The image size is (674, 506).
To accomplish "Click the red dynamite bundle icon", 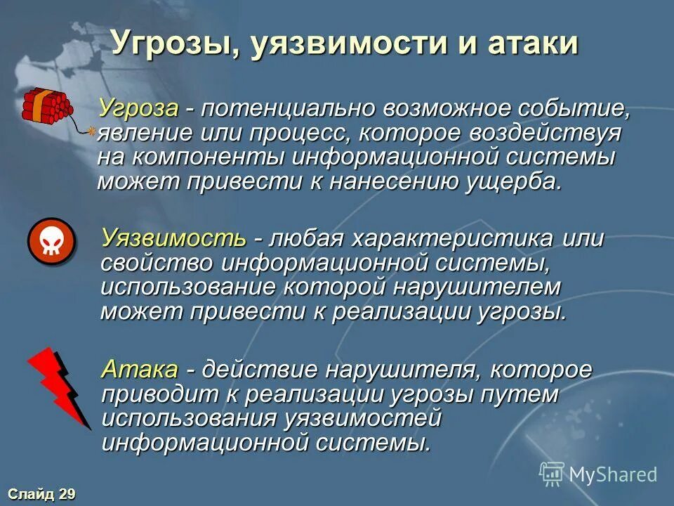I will pos(48,105).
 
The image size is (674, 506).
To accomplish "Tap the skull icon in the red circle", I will pos(51,241).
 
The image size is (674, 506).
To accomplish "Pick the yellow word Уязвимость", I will pos(173,238).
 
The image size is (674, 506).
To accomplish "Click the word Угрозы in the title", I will pos(166,44).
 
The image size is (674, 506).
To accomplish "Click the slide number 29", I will pos(67,494).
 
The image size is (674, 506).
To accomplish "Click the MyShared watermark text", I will pos(612,475).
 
